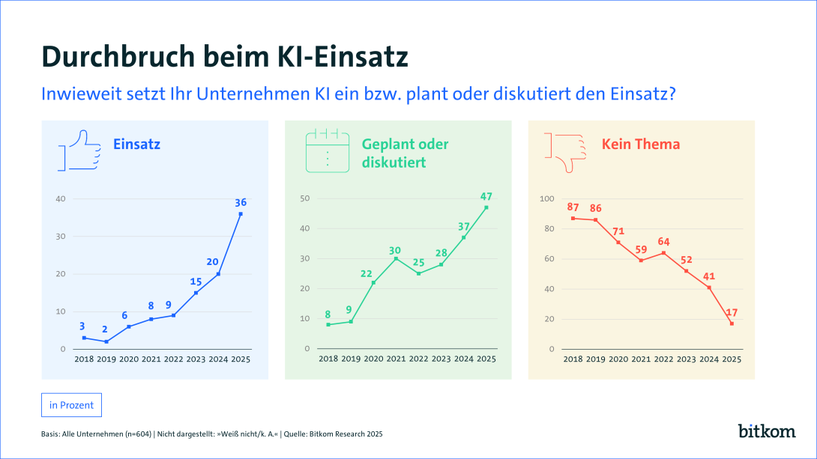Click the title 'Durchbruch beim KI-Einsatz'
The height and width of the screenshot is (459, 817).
coord(224,57)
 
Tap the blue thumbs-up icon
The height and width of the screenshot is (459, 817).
coord(79,151)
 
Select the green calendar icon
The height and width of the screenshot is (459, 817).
coord(327,151)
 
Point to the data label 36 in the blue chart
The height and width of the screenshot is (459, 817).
coord(241,202)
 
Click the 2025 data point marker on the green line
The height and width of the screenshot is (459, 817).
coord(486,207)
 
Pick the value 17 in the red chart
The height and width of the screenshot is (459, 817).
coord(732,312)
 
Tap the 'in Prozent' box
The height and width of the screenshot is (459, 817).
coord(71,405)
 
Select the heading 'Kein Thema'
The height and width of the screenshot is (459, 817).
coord(641,144)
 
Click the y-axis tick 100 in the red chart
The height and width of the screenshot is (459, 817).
coord(546,198)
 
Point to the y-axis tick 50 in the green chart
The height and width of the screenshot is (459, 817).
coord(305,198)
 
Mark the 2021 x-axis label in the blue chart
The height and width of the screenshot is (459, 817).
coord(151,359)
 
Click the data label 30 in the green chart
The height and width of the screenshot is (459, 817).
coord(396,250)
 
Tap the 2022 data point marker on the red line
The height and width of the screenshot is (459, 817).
coord(663,252)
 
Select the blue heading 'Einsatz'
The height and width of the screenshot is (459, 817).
coord(136,144)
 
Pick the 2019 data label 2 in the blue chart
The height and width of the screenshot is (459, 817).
coord(106,329)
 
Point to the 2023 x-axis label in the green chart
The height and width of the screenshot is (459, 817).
coord(441,359)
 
